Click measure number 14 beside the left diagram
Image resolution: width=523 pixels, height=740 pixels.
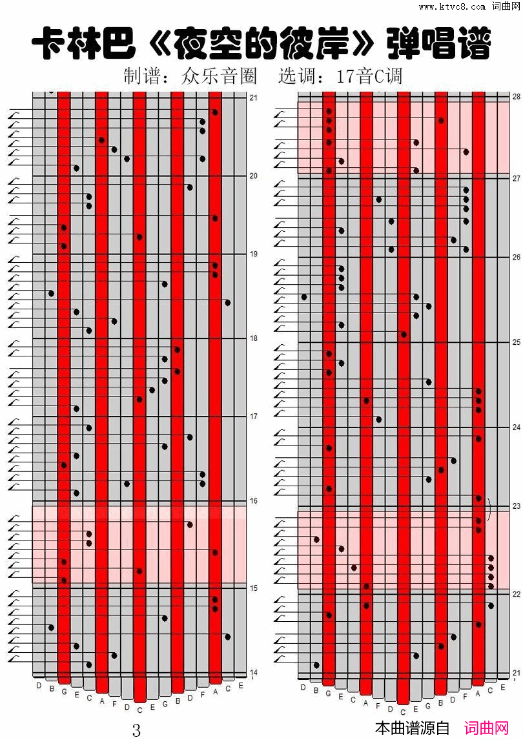click(254, 672)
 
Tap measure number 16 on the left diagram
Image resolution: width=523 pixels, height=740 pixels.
click(254, 501)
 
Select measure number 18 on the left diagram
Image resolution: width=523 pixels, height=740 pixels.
click(254, 338)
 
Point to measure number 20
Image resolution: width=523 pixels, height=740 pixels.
click(254, 176)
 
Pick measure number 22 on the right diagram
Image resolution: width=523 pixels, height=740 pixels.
click(516, 593)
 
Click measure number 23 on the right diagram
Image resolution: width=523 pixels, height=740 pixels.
click(516, 506)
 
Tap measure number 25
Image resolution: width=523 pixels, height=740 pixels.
click(516, 342)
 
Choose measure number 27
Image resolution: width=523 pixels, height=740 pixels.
click(516, 178)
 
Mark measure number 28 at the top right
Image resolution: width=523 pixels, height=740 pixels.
click(516, 96)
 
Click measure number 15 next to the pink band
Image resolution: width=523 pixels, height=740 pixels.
click(254, 588)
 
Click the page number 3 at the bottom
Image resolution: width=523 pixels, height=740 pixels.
click(136, 730)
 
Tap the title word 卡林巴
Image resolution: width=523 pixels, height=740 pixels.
click(83, 45)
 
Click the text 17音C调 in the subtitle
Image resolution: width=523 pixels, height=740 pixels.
click(369, 76)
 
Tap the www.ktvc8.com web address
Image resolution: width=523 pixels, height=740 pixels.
click(451, 6)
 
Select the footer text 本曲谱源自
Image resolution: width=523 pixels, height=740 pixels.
click(412, 729)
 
